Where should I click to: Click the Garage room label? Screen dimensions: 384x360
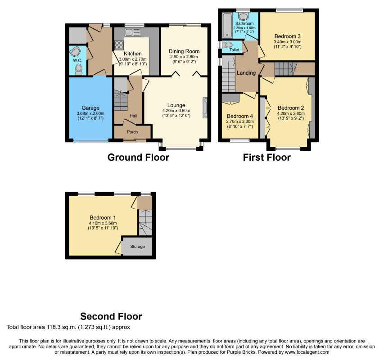point(90,108)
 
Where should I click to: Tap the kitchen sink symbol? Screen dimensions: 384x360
point(132,32)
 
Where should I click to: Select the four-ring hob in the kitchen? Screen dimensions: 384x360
point(119,45)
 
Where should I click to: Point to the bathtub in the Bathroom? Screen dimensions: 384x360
point(227,25)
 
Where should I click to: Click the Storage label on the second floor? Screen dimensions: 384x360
point(137,247)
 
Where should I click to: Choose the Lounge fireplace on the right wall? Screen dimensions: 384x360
point(205,108)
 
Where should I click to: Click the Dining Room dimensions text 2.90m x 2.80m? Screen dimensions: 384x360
point(184,57)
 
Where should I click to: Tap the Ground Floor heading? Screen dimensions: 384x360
point(138,157)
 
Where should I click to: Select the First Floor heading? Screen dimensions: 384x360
point(267,157)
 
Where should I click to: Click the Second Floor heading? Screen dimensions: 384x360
point(111,316)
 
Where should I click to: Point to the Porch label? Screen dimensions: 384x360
point(132,132)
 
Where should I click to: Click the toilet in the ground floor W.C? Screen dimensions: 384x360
point(79,69)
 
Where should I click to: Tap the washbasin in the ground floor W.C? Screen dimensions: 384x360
point(75,52)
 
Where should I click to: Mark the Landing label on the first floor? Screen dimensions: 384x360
point(246,73)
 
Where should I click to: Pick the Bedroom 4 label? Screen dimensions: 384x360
point(240,116)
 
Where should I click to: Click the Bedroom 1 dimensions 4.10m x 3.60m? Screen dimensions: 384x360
point(103,223)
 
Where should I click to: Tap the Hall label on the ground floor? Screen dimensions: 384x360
point(133,116)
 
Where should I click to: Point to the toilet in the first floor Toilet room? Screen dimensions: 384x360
point(227,45)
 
